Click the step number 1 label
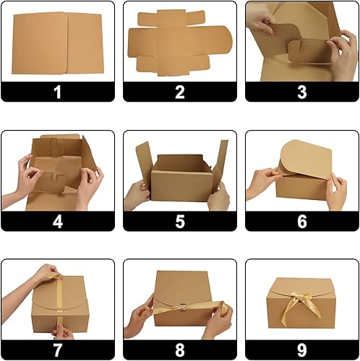coord(58,92)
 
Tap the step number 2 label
coord(180,92)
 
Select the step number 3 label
coord(302,92)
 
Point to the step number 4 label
coord(58,222)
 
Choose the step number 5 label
coord(180,222)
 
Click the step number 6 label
coord(302,222)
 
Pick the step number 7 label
coord(58,350)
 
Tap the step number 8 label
coord(180,350)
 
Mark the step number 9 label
coord(302,350)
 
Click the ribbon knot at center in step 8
coord(183,308)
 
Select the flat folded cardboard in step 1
coord(58,43)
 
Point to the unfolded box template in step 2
coord(179,43)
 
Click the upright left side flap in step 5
coord(144,164)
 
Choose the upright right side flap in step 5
coord(221,160)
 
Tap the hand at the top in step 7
coord(48,273)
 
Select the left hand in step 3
coord(260,21)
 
